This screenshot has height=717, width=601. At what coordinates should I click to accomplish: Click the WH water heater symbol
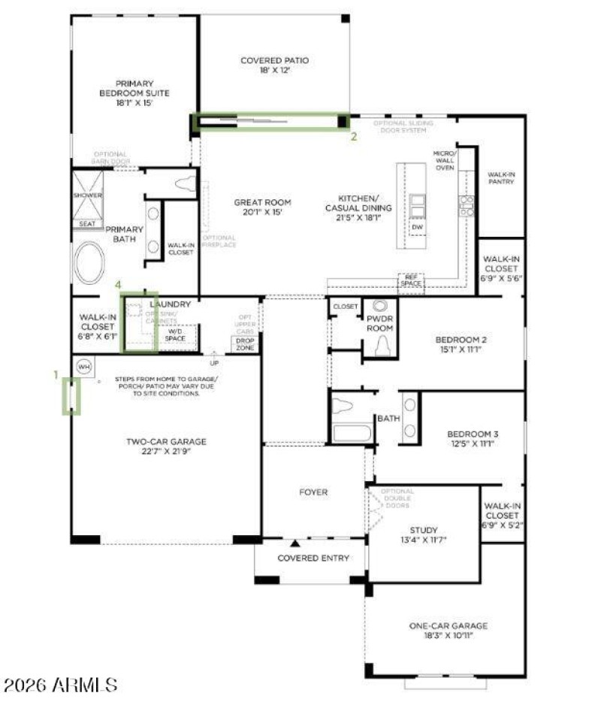(x=83, y=366)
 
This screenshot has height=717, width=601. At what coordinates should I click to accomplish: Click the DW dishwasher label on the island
(x=416, y=226)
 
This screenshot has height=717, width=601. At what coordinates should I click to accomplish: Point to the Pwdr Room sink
(x=380, y=307)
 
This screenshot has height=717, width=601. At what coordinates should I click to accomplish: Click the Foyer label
(x=313, y=492)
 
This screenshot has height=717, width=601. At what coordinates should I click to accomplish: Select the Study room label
(x=423, y=530)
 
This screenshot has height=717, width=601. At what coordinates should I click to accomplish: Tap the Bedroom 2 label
(x=461, y=340)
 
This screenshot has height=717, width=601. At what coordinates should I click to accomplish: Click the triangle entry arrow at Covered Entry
(x=295, y=543)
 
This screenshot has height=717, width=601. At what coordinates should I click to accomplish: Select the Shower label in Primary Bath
(x=87, y=195)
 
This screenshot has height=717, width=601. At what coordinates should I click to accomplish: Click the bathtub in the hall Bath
(x=351, y=434)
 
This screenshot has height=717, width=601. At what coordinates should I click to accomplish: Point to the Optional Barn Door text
(x=112, y=158)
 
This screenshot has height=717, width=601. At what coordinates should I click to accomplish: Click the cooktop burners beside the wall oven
(x=467, y=205)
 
